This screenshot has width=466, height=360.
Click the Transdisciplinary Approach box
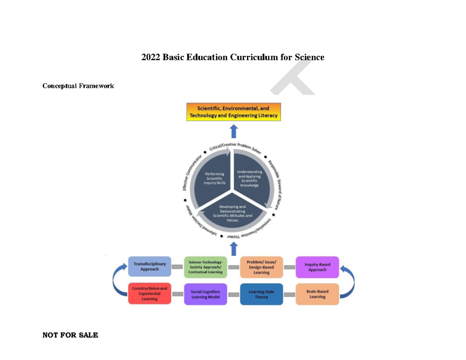click(x=150, y=266)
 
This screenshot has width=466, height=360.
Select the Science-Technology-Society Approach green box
click(x=205, y=267)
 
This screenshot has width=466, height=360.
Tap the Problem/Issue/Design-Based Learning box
click(x=261, y=267)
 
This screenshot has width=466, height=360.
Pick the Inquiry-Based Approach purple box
click(x=317, y=267)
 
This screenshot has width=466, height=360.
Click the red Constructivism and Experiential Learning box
click(x=150, y=294)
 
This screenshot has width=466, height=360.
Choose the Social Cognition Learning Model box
click(x=205, y=294)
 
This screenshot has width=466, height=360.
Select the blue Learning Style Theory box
click(x=261, y=294)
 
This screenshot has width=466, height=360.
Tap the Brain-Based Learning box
click(x=317, y=294)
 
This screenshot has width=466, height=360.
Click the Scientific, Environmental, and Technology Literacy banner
click(x=233, y=112)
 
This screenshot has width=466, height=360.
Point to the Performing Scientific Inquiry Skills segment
click(x=215, y=179)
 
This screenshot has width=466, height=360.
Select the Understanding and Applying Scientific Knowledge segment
click(x=250, y=178)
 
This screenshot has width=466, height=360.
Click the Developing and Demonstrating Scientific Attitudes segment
click(x=233, y=213)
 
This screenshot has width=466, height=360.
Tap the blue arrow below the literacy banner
click(x=233, y=131)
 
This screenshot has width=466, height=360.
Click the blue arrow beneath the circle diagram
click(x=233, y=249)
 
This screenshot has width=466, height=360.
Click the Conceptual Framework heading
click(x=78, y=86)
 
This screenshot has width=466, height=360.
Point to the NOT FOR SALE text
click(x=70, y=335)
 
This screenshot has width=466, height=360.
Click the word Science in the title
click(x=309, y=57)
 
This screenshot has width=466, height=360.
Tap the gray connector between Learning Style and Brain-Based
click(x=289, y=294)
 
